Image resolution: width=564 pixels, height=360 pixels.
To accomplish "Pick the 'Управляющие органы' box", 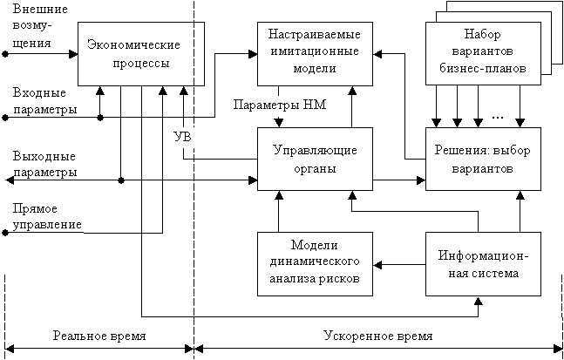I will [x=316, y=159].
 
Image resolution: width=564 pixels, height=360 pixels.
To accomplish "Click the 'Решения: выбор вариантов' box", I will [x=483, y=159].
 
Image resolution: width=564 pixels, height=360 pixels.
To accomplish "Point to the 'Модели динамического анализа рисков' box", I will [x=316, y=263].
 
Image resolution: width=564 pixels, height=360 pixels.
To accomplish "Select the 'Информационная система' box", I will [x=483, y=263].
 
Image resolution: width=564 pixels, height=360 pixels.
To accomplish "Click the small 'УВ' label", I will [x=183, y=138].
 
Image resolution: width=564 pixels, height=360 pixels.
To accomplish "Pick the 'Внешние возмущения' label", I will [x=33, y=26].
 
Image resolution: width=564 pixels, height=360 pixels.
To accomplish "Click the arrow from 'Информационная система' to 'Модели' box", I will [x=399, y=263].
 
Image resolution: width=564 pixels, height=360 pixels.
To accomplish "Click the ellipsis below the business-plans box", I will [x=499, y=115].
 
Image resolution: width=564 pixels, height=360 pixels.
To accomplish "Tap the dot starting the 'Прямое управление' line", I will [x=6, y=232].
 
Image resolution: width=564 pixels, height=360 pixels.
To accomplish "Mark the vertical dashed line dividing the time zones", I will [x=194, y=174].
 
